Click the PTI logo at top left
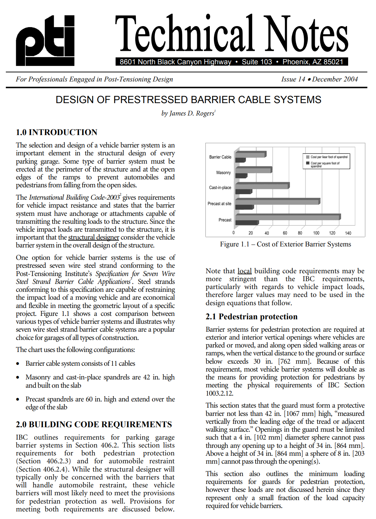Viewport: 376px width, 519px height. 45,41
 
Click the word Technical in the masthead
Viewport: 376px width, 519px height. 184,34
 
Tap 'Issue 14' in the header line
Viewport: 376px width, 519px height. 293,79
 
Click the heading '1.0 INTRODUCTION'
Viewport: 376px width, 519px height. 56,132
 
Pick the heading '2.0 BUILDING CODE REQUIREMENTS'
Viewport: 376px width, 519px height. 94,424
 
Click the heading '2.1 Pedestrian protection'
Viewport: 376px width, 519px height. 251,317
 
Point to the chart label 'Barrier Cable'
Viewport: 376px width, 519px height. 220,157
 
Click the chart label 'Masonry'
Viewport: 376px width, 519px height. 224,173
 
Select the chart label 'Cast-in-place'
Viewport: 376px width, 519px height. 220,188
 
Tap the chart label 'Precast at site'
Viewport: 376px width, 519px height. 219,204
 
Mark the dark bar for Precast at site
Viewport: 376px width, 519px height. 245,207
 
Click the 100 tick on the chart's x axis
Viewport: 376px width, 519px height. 316,233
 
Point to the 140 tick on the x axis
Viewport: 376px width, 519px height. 348,233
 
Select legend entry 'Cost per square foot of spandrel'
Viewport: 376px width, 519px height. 325,164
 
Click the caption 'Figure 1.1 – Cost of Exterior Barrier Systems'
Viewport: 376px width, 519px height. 286,244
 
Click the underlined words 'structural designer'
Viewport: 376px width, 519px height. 94,238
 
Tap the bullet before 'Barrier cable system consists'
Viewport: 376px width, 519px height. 18,364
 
